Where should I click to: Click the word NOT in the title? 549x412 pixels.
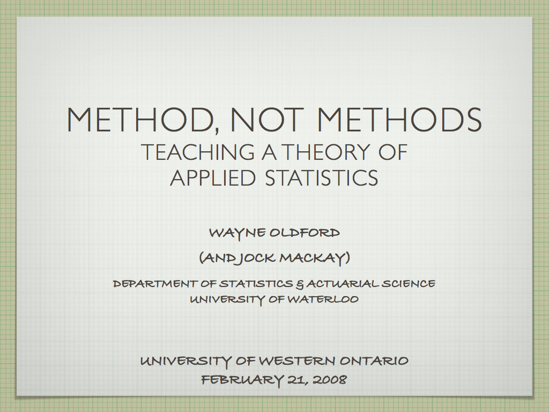[x=266, y=119]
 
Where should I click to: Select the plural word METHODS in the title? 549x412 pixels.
[x=399, y=119]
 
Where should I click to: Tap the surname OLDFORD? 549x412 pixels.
[x=305, y=233]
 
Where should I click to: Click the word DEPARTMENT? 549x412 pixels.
[x=157, y=283]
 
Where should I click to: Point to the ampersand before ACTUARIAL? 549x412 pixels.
[x=299, y=284]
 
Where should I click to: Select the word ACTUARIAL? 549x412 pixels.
[x=342, y=283]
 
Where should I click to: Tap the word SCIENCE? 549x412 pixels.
[x=408, y=283]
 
